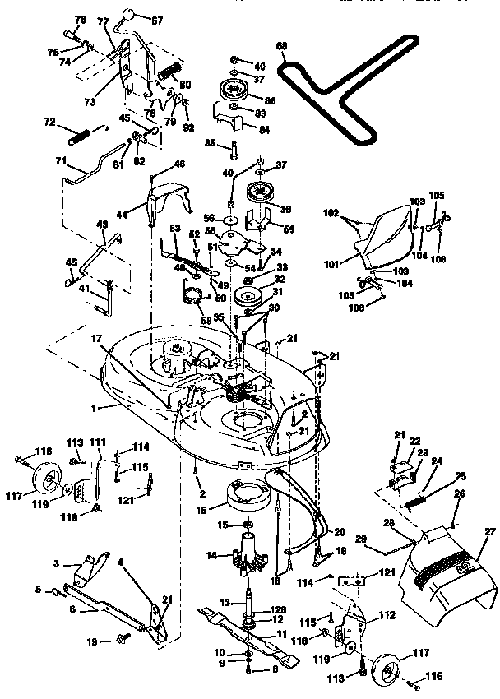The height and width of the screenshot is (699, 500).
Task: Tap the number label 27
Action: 490,533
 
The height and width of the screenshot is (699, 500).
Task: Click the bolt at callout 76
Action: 71,35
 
